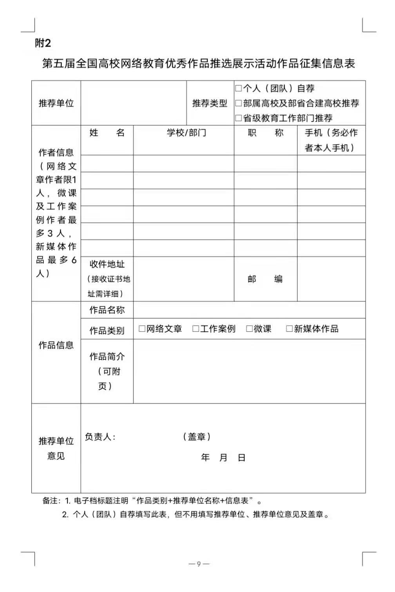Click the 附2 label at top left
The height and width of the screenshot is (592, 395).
pos(43,43)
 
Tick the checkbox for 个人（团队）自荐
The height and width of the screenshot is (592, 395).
pos(238,88)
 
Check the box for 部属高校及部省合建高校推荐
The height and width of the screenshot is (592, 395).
pos(238,103)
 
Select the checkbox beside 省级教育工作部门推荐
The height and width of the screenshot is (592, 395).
pos(238,118)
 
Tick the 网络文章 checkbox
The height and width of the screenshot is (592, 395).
pos(142,329)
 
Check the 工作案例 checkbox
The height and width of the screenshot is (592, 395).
pos(196,329)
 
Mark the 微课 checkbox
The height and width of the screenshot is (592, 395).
pos(249,329)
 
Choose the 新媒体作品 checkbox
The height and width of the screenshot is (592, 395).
pos(289,329)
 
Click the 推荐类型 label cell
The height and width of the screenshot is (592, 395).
pos(210,103)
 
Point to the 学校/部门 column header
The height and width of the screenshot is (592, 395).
pos(187,133)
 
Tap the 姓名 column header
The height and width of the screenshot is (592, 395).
pos(107,133)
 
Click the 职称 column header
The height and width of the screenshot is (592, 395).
pos(265,133)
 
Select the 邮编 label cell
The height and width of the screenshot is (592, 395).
pos(265,279)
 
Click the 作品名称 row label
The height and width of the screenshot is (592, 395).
pos(107,310)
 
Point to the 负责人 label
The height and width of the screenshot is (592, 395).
pos(100,437)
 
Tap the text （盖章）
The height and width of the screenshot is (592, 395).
pos(197,437)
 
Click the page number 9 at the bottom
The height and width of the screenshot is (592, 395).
pos(199,564)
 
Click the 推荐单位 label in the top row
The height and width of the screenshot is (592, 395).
pos(56,103)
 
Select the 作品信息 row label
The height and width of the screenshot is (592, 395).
pos(56,345)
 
